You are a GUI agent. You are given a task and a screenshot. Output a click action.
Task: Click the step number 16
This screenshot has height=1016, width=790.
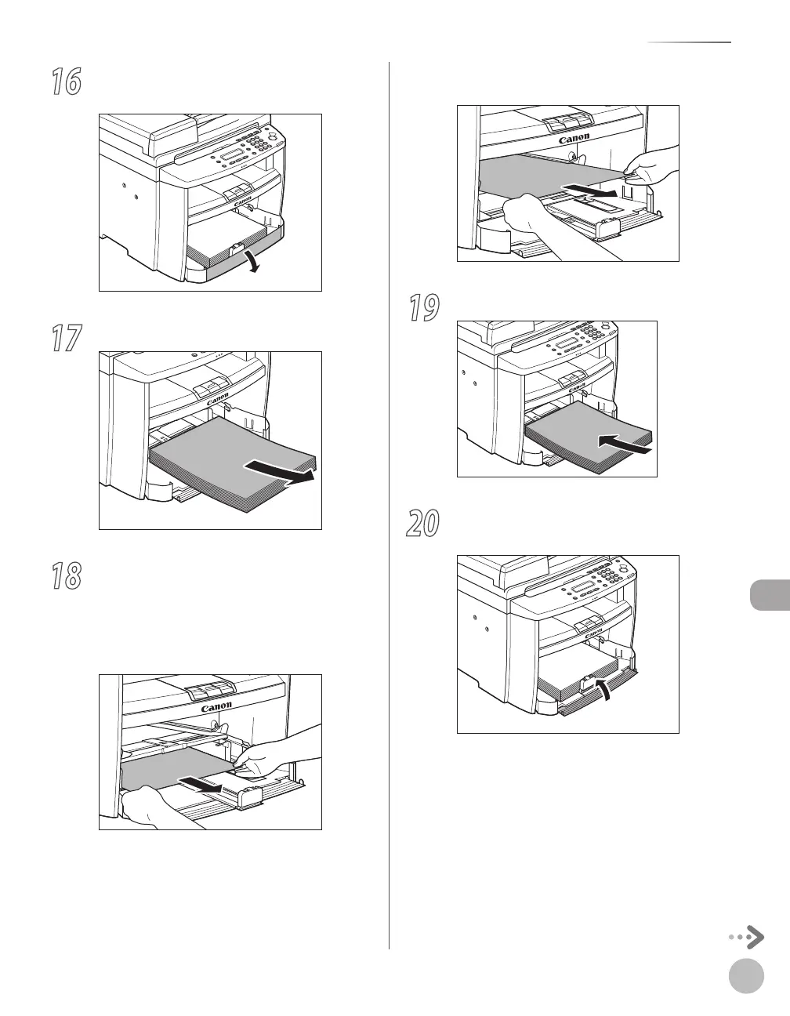coord(67,82)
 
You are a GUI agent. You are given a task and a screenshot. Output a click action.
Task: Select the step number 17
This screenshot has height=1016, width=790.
coord(67,339)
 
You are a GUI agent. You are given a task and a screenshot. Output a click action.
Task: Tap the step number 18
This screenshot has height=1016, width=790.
coord(67,578)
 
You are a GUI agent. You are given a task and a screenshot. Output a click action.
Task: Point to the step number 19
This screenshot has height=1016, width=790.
coord(424,308)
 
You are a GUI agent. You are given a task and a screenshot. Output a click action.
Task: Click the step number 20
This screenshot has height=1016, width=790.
coord(424,523)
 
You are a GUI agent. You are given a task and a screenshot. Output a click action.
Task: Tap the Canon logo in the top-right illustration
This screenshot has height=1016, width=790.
coord(574,139)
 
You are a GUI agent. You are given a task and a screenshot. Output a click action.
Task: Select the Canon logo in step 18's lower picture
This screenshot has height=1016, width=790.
coord(216,706)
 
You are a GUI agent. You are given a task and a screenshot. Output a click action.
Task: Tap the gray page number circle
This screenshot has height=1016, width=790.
coord(745,977)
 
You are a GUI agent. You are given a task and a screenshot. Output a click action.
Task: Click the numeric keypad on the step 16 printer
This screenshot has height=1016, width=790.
coord(266,140)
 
